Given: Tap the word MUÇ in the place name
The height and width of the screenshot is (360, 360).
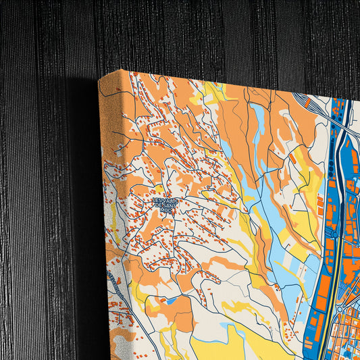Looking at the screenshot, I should (165, 211).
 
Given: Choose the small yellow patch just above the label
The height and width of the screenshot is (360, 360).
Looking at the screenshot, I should (159, 190).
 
